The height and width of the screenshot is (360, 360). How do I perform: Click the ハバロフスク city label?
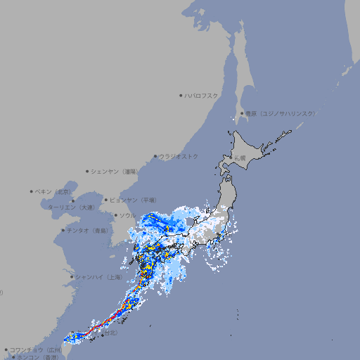point(201,95)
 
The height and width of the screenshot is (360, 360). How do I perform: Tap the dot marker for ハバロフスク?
point(181,95)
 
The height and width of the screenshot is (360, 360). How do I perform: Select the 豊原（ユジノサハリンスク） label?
point(280,113)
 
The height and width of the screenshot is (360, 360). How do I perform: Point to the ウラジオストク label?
point(179,156)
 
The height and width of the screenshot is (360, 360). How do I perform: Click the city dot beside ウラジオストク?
point(155,157)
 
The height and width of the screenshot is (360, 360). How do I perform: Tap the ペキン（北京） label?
point(53,191)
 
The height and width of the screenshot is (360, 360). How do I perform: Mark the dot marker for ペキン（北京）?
point(32,191)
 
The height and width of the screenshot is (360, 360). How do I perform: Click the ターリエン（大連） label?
point(70,207)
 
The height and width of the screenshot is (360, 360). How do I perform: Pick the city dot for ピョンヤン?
point(106,200)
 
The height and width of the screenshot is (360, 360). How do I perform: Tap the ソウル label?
point(127,215)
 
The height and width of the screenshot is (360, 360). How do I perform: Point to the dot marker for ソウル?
point(115,215)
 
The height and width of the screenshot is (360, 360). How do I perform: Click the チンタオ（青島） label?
point(88,230)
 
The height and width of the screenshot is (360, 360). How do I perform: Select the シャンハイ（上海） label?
point(98,277)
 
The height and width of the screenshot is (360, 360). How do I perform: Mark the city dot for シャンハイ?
point(72,277)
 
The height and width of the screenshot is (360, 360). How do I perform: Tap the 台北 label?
point(110,334)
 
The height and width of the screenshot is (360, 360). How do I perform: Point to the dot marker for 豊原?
point(242,113)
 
